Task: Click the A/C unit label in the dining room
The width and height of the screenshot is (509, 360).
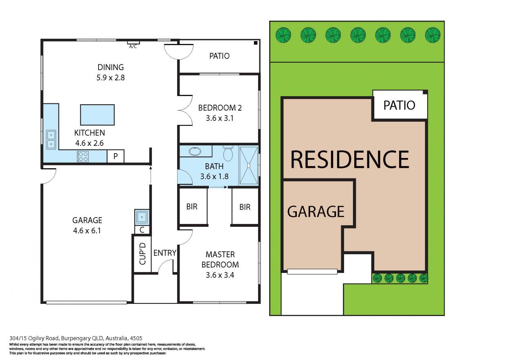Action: click(133, 46)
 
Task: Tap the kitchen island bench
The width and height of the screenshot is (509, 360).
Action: click(97, 115)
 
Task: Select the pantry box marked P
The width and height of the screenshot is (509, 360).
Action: click(115, 156)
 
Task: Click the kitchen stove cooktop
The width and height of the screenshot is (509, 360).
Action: click(83, 157)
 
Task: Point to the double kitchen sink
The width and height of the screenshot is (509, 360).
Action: click(51, 140)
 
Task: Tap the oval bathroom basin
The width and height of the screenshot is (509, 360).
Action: click(195, 151)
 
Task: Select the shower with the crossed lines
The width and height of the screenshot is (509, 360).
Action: click(248, 166)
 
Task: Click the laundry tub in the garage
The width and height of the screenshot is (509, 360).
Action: click(142, 217)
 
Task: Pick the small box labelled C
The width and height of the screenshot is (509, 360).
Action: click(142, 230)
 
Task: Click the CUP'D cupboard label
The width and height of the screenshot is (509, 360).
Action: click(143, 254)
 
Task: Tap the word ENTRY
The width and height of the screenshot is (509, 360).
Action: click(165, 253)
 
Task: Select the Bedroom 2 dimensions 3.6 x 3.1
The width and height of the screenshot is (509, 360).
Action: click(220, 118)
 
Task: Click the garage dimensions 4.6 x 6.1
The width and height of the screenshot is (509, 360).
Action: click(87, 230)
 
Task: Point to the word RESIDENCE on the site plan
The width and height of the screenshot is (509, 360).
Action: click(350, 159)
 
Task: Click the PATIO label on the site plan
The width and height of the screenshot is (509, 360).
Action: click(399, 105)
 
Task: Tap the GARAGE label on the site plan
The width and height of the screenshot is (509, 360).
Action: click(316, 212)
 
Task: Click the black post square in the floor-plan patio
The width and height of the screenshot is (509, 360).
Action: click(256, 43)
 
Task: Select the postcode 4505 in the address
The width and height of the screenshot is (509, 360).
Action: click(136, 338)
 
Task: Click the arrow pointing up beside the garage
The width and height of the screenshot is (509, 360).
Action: click(150, 175)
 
